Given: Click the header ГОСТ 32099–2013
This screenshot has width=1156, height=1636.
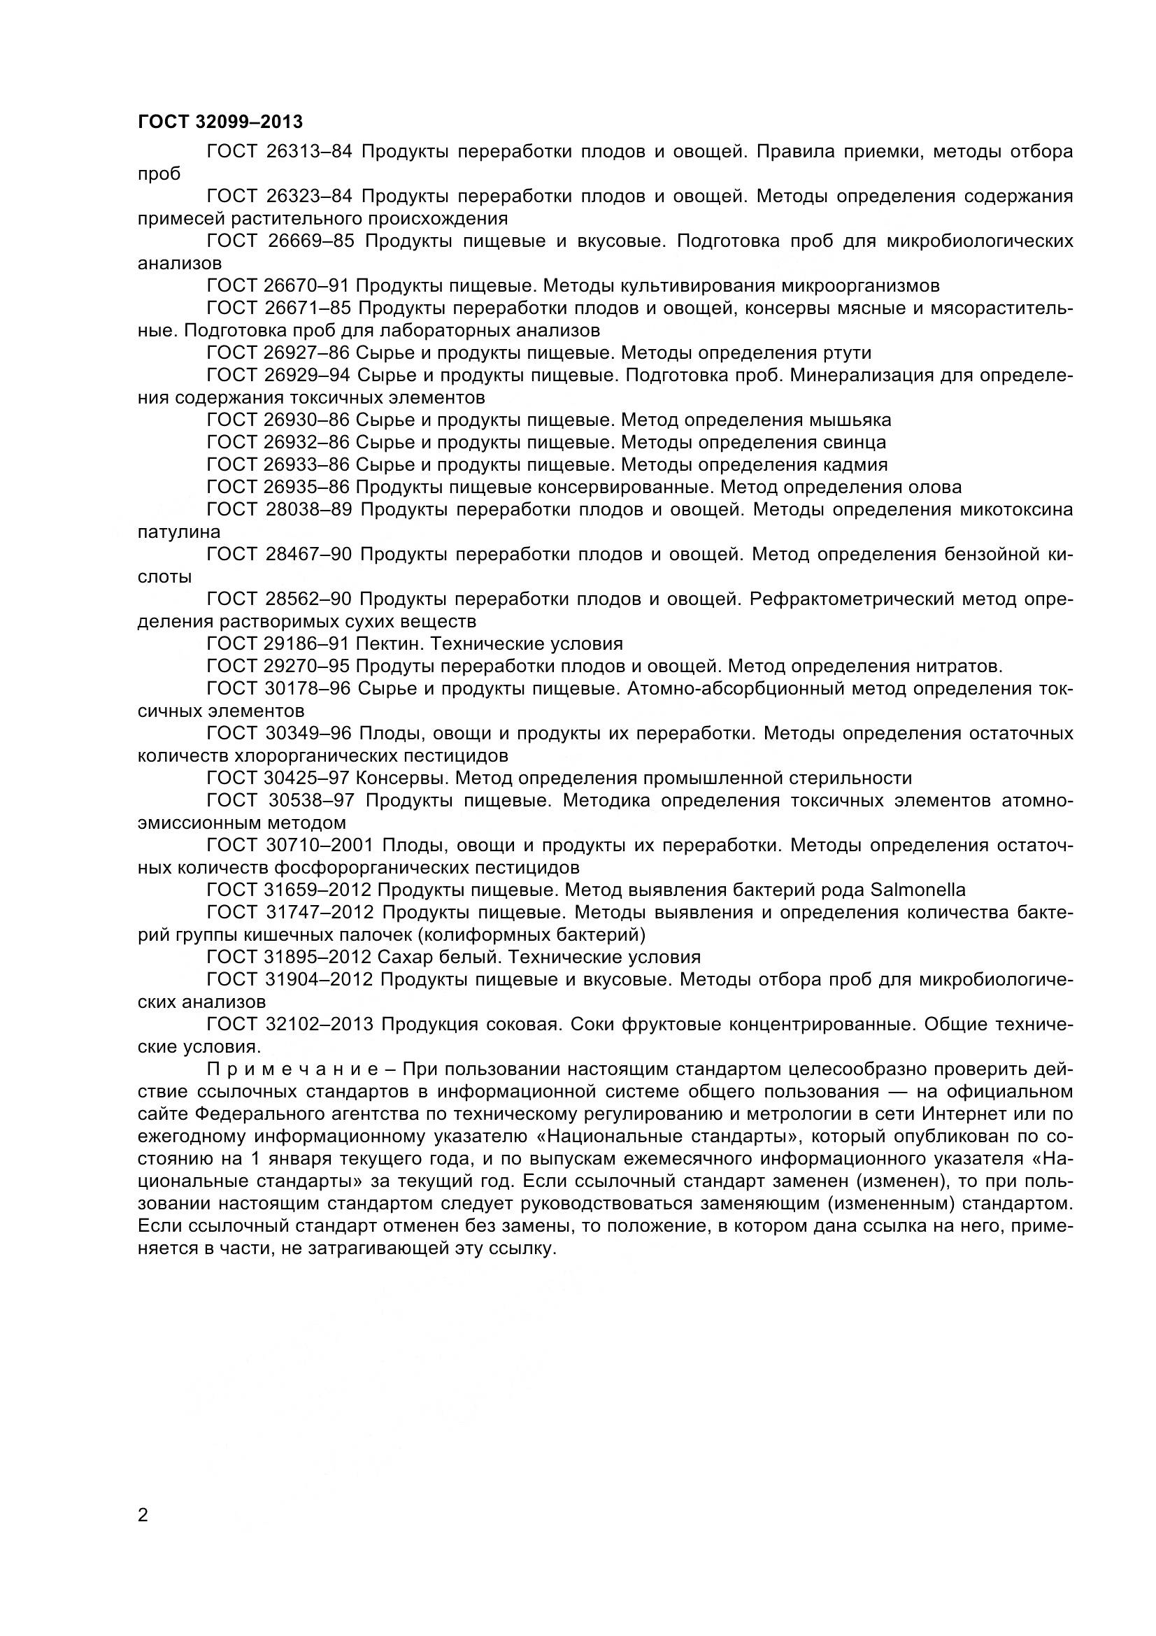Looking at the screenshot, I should (220, 122).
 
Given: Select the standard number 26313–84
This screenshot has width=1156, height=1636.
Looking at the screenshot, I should (310, 152).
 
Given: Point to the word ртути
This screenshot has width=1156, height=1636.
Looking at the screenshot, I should (846, 353).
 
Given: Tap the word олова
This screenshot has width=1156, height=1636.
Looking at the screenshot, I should (934, 488).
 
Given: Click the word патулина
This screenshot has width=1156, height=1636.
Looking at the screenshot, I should (179, 532).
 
